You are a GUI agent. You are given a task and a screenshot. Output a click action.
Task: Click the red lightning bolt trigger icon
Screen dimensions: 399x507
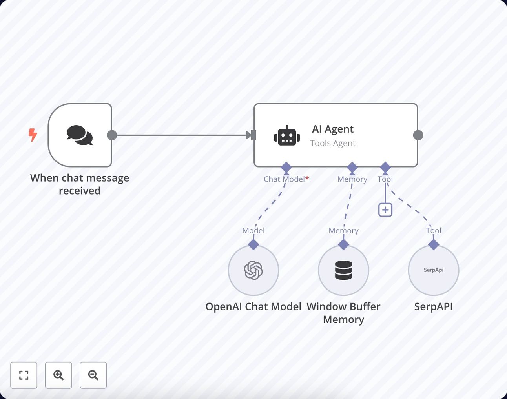point(33,135)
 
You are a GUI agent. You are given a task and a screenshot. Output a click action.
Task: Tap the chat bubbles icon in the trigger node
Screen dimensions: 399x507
point(80,135)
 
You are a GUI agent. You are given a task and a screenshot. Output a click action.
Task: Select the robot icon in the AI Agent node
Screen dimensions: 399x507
point(287,136)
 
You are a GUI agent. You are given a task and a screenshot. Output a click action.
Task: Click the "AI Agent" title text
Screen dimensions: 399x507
point(333,129)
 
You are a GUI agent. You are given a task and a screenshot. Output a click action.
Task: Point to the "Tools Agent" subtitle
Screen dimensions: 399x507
point(333,143)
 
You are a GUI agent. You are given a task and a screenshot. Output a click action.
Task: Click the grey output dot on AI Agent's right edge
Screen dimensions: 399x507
point(418,135)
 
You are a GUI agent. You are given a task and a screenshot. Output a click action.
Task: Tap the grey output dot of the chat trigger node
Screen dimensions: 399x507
point(112,135)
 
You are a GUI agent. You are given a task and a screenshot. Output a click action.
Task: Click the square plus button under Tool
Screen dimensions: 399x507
point(385,210)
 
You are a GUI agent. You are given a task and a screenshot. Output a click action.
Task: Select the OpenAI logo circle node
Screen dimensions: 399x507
point(253,270)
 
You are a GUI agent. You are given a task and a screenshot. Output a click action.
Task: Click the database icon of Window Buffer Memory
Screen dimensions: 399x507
point(343,270)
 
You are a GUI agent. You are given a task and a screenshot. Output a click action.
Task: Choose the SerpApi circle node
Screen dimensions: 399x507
point(434,270)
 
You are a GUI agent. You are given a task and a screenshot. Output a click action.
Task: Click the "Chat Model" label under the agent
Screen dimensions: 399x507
point(284,179)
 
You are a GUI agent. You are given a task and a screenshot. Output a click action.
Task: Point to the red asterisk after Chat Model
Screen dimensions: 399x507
point(307,179)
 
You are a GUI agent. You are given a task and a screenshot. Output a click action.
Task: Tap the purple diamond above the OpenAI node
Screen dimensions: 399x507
point(253,244)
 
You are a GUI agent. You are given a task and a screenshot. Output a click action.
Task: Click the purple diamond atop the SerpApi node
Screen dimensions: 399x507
point(434,244)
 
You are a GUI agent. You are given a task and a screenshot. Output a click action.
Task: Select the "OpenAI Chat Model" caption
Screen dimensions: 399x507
point(253,306)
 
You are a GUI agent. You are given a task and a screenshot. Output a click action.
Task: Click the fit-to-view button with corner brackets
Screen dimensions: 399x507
point(24,375)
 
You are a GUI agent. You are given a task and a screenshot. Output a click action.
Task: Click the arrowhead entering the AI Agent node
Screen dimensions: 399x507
point(249,135)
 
